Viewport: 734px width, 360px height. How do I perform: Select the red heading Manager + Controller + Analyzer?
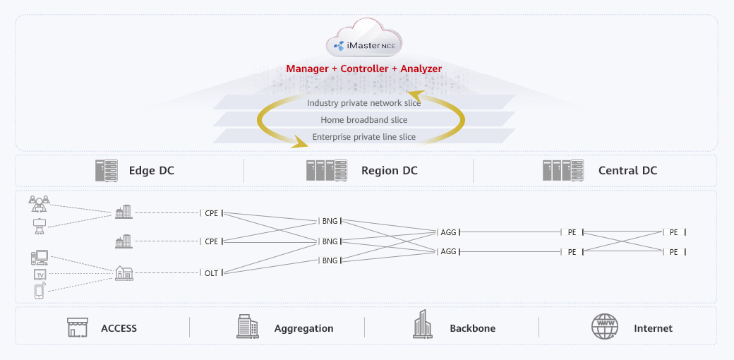pos(364,68)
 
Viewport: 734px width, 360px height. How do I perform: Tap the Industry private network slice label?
pos(363,103)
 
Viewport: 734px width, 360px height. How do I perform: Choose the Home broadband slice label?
pos(363,120)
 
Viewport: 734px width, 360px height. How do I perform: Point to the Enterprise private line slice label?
pos(363,137)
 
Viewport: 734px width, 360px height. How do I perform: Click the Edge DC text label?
pos(151,171)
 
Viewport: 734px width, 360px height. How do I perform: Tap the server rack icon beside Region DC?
pos(326,170)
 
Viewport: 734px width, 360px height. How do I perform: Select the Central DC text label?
pos(627,171)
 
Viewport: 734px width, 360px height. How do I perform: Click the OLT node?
pos(211,273)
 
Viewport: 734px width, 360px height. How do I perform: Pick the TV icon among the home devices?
pos(40,274)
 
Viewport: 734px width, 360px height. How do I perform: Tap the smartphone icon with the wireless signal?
pos(40,291)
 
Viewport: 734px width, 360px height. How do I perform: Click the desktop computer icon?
pos(39,257)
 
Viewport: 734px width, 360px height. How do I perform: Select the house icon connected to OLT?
pos(124,272)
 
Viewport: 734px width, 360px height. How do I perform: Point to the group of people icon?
pos(39,203)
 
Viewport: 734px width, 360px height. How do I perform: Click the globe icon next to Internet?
pos(604,327)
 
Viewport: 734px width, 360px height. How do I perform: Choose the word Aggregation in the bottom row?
pos(303,328)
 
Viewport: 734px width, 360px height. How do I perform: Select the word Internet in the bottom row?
pos(653,328)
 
